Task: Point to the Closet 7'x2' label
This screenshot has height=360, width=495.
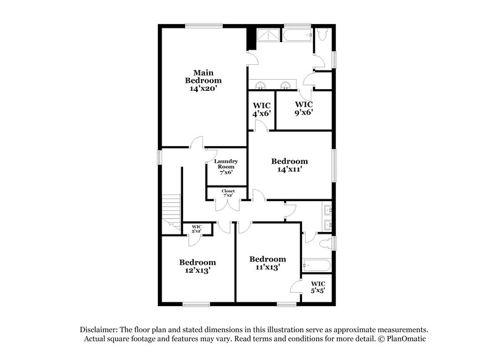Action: pos(228,193)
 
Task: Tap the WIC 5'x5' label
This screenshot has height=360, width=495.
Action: pos(317,287)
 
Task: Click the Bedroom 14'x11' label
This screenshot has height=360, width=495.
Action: pos(289,165)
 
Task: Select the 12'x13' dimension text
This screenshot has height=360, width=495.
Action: pos(197,271)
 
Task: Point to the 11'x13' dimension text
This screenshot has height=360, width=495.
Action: pos(267,268)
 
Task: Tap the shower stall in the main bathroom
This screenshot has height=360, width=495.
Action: pos(268,35)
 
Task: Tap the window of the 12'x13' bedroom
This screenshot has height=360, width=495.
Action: pos(197,303)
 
